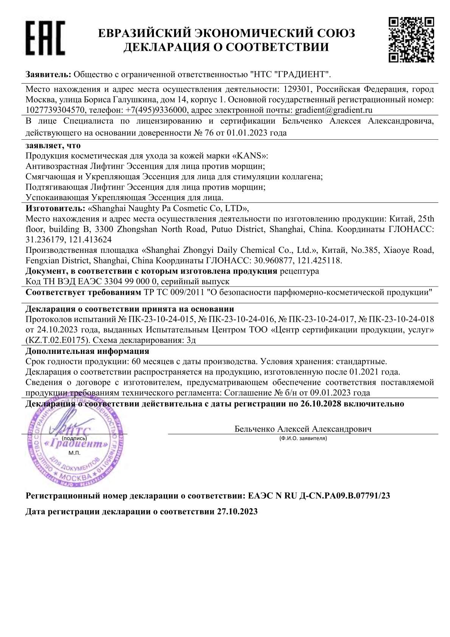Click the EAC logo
click(x=45, y=38)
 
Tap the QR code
click(x=411, y=39)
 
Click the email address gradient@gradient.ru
click(x=334, y=110)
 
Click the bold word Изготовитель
click(x=55, y=208)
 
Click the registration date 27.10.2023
click(x=237, y=511)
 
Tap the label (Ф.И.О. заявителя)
click(x=303, y=438)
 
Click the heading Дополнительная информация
click(x=87, y=351)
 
